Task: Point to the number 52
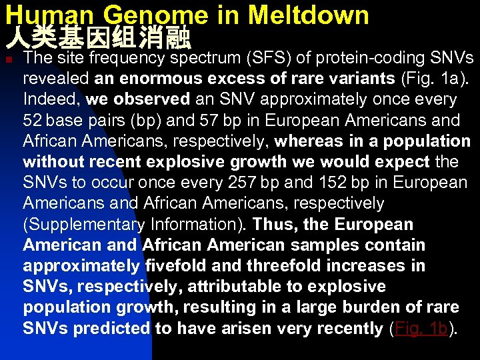32,121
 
